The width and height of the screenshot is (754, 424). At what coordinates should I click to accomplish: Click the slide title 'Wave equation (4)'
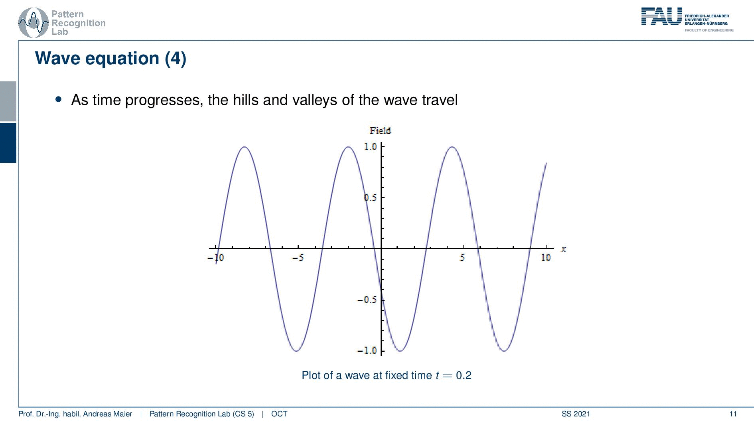(111, 58)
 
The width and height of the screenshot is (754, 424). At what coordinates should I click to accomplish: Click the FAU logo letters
(661, 17)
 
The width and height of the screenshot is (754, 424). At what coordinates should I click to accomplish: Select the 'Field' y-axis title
(380, 130)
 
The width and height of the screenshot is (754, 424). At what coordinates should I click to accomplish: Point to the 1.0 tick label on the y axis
(370, 146)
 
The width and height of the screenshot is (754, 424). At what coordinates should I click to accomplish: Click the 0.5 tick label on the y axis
(370, 197)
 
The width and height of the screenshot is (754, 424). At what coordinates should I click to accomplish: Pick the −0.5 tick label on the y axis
(367, 300)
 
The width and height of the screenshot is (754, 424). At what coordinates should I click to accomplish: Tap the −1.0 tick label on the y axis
(367, 350)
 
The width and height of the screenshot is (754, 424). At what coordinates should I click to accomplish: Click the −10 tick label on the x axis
(216, 257)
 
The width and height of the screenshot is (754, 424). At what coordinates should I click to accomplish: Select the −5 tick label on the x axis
(298, 257)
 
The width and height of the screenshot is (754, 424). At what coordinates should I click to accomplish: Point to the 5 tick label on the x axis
(462, 257)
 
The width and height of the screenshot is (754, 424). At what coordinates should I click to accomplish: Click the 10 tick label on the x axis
(546, 257)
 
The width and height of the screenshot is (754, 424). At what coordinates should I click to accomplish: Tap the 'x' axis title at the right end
(563, 249)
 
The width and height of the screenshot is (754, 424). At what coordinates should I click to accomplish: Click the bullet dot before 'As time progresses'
(59, 99)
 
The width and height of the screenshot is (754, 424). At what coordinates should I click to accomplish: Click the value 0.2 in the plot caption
(464, 375)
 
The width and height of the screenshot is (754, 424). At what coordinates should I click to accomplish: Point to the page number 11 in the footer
(733, 414)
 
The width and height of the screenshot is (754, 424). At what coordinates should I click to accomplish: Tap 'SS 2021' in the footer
(576, 414)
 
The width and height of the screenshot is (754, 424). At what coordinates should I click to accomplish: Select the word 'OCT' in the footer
(279, 414)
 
